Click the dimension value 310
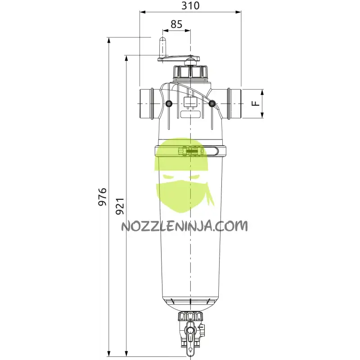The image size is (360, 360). pos(190,6)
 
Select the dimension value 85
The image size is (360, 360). pos(177,24)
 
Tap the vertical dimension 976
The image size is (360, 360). pos(102,197)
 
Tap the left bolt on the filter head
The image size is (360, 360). pos(169,104)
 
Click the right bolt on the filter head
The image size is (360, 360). pos(211,104)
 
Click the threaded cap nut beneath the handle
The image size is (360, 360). pos(190,72)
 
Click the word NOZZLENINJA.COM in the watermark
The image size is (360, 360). pos(184,225)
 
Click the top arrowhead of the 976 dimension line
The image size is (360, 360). pos(109,40)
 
